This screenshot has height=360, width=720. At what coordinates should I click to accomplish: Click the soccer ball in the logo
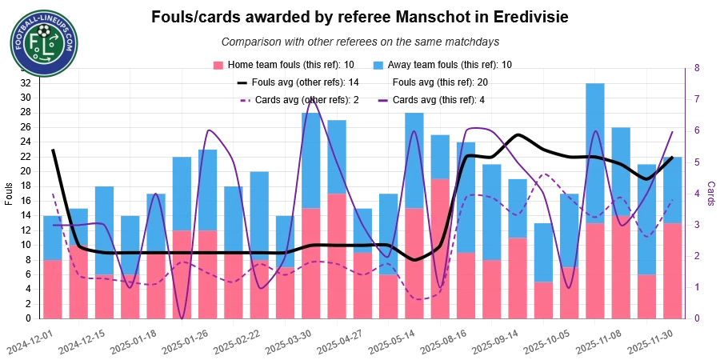[x=44, y=33]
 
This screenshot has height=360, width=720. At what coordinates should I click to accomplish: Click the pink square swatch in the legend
[x=218, y=64]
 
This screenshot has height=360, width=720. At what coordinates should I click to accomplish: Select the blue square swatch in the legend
[x=379, y=64]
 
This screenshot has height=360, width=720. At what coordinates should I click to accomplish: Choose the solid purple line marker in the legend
[x=385, y=101]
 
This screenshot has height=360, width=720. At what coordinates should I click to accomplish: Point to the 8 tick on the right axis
[x=698, y=70]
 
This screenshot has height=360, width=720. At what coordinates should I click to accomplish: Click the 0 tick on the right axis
[x=698, y=318]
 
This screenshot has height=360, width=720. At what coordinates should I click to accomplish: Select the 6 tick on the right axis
[x=698, y=131]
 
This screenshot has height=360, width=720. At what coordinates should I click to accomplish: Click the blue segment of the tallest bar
[x=594, y=152]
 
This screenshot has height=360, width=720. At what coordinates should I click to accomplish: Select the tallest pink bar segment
[x=440, y=249]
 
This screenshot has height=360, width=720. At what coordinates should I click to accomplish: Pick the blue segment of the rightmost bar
[x=672, y=190]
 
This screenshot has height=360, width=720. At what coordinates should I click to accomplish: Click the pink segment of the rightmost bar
[x=672, y=271]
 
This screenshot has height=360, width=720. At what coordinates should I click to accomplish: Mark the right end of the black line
[x=672, y=157]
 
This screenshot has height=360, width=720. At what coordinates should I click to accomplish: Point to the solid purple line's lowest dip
[x=182, y=318]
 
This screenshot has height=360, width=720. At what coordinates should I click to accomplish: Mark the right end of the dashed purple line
[x=672, y=200]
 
